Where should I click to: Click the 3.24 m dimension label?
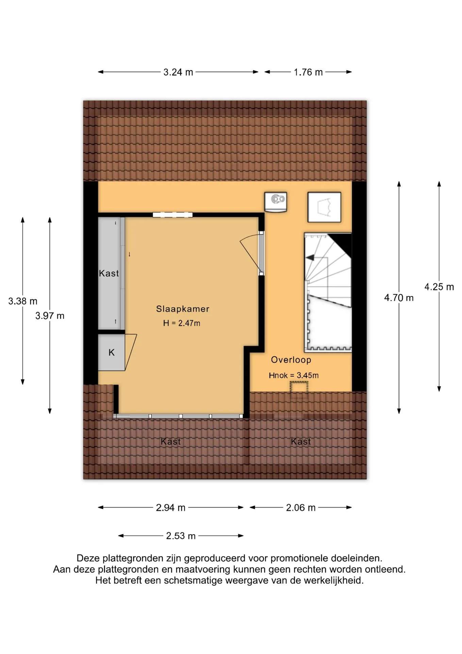click(x=178, y=72)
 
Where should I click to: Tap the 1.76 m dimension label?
click(x=308, y=72)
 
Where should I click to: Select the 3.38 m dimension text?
click(x=23, y=301)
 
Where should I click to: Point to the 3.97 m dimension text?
click(x=50, y=316)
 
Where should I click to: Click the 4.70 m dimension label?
click(x=399, y=298)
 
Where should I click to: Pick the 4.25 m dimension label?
click(x=439, y=287)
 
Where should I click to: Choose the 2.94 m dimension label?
click(x=170, y=508)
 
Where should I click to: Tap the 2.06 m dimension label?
click(x=301, y=508)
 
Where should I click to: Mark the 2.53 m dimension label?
click(x=181, y=536)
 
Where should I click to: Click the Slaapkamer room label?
click(x=183, y=309)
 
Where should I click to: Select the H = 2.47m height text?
click(x=182, y=323)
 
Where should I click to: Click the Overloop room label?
click(x=291, y=360)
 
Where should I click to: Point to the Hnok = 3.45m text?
click(x=294, y=375)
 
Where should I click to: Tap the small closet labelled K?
click(x=111, y=353)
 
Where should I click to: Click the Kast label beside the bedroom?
click(x=109, y=273)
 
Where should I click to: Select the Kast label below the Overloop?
click(x=301, y=441)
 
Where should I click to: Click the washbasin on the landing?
click(x=276, y=202)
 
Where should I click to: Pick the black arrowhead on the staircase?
click(x=310, y=258)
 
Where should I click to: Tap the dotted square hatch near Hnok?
click(x=299, y=387)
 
